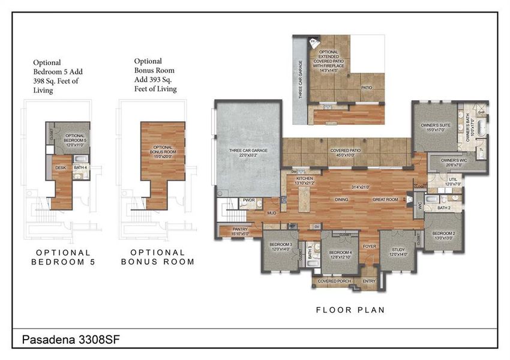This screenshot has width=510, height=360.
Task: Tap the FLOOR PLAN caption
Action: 350,310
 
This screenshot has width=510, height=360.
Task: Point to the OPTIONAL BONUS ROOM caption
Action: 158,257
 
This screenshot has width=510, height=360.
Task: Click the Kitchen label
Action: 305,181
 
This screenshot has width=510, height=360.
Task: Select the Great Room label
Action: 386,199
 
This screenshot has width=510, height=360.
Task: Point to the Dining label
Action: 342,199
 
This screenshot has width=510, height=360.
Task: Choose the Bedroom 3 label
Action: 280,246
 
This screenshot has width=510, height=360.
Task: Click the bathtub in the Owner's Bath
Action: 479,128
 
